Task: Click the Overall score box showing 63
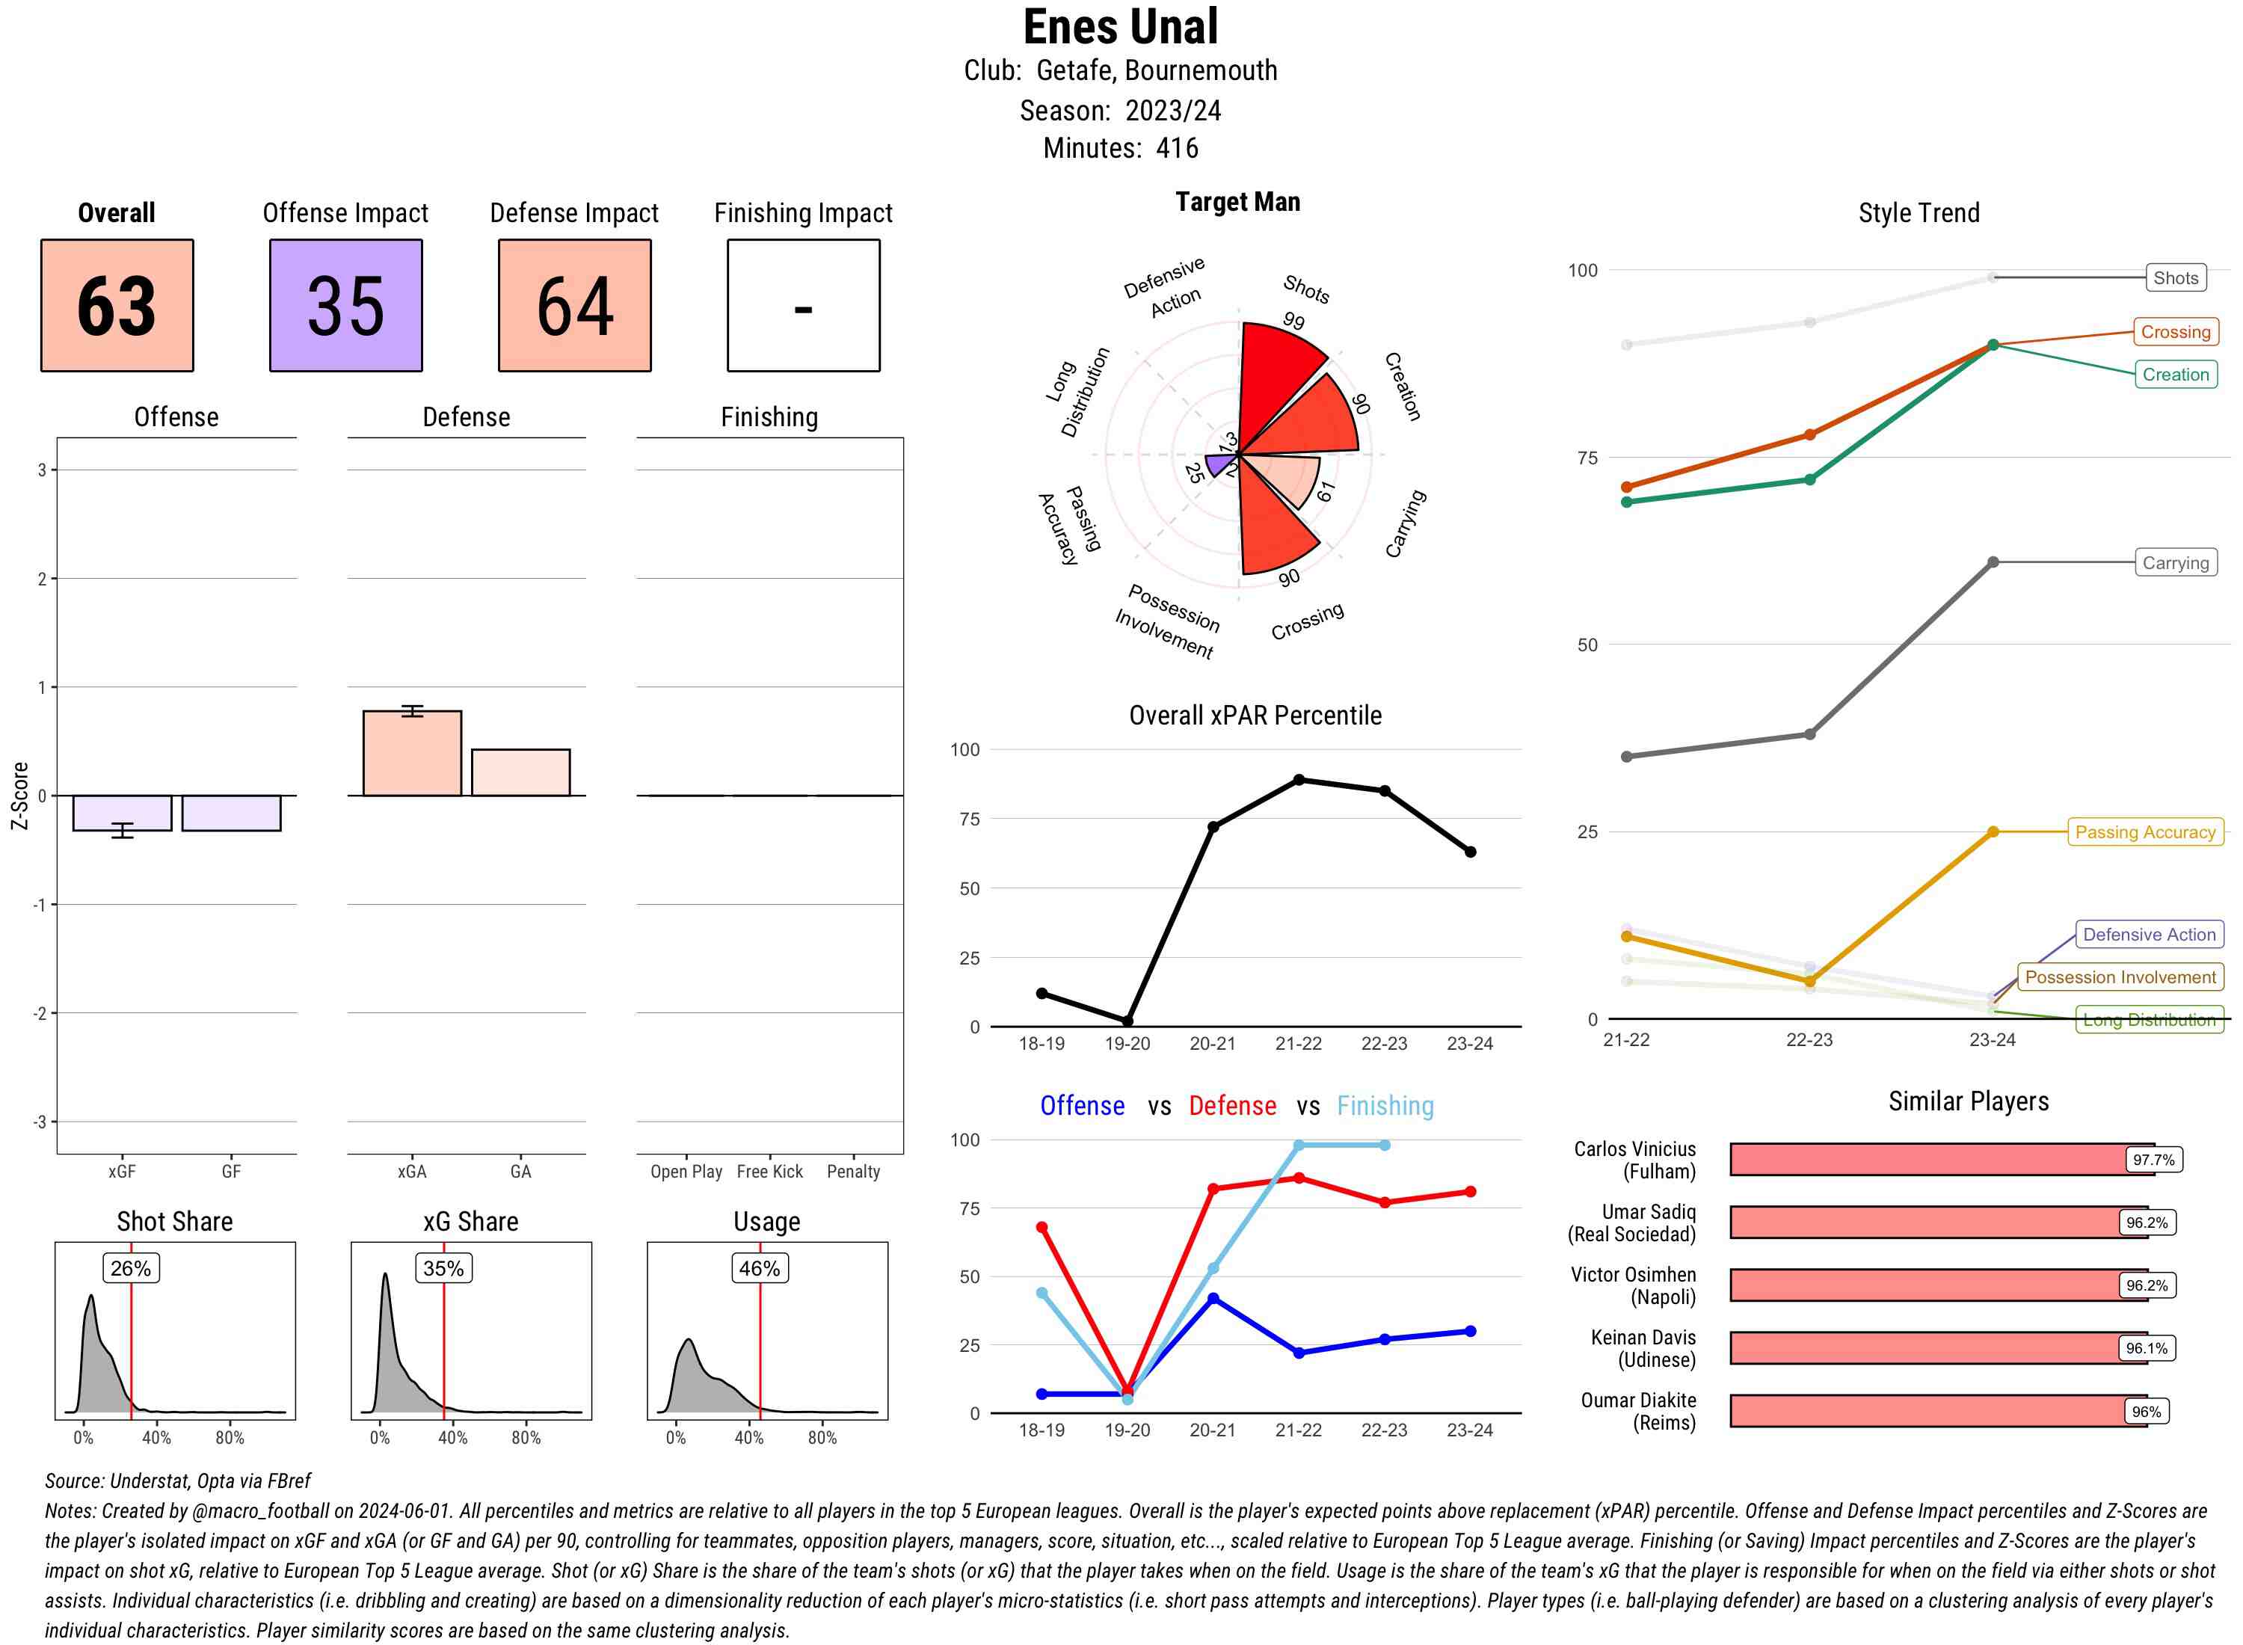click(117, 305)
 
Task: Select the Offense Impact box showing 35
click(345, 305)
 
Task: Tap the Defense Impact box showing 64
click(574, 305)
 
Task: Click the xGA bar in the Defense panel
click(412, 754)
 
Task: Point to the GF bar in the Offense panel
click(231, 813)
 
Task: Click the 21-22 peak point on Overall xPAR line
click(1298, 780)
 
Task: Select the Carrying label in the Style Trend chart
click(2175, 562)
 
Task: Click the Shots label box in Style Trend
click(2175, 278)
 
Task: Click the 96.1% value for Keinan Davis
click(2147, 1348)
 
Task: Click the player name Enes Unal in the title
click(1120, 27)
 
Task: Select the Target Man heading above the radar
click(1237, 202)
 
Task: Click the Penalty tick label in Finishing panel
click(853, 1172)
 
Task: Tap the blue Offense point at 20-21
click(1213, 1299)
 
